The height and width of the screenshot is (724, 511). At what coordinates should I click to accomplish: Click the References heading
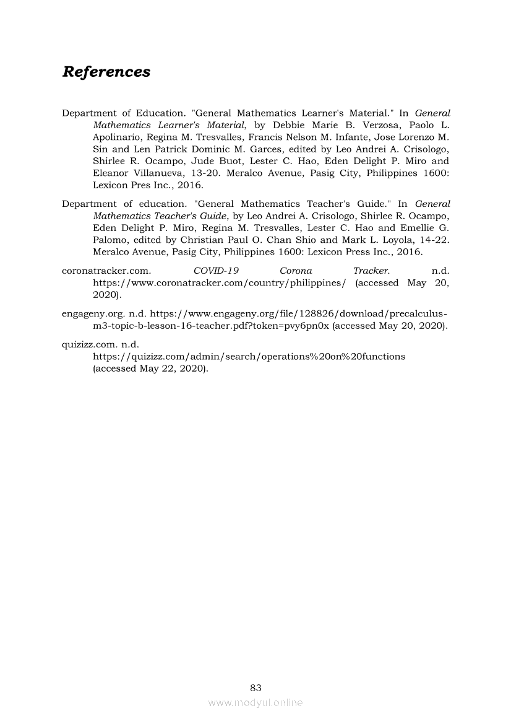pyautogui.click(x=106, y=72)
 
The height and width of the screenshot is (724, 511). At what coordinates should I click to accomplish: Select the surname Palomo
pyautogui.click(x=111, y=240)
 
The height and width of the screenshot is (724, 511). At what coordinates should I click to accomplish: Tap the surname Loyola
pyautogui.click(x=393, y=240)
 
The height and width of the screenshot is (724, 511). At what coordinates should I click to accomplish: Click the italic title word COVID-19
pyautogui.click(x=216, y=271)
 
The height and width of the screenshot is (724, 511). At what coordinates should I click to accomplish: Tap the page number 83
pyautogui.click(x=255, y=687)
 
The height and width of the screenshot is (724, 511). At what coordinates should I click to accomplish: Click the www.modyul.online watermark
pyautogui.click(x=255, y=703)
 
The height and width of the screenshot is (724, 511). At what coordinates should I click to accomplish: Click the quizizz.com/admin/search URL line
pyautogui.click(x=249, y=356)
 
